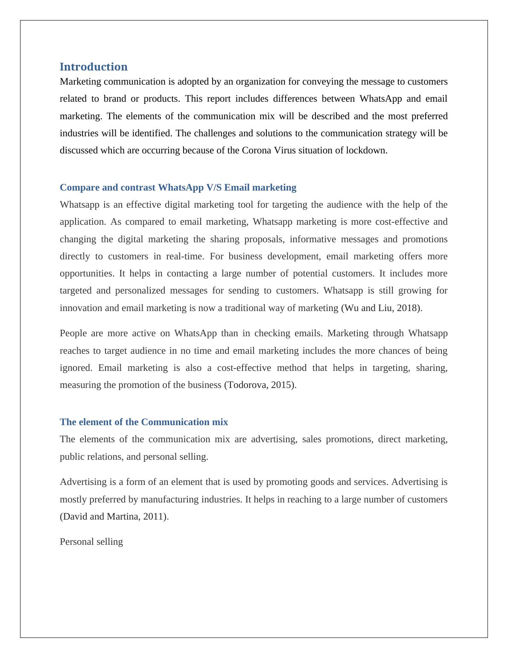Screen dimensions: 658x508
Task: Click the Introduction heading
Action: tap(93, 67)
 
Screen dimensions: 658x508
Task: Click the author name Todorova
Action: tap(248, 385)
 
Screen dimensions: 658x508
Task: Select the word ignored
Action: tap(76, 368)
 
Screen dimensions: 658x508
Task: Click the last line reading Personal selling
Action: tap(91, 542)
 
